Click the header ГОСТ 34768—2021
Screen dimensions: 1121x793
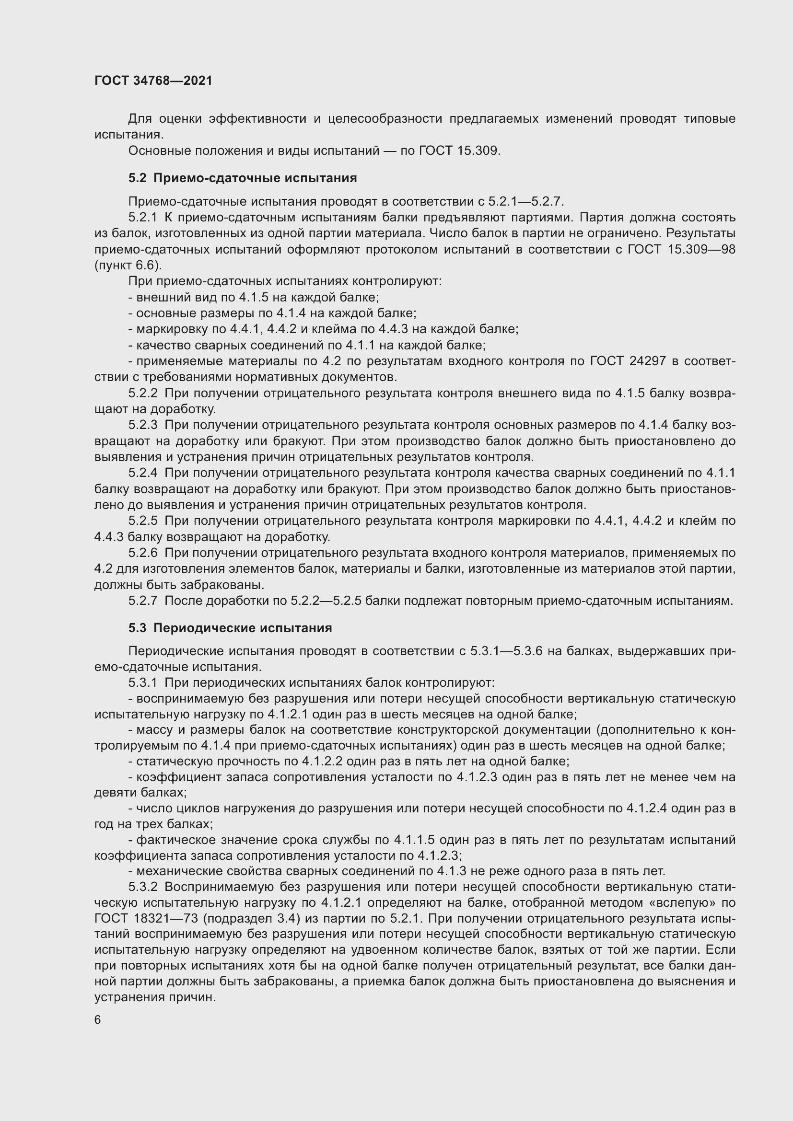(153, 81)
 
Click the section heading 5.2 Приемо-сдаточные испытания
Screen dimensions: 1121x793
(242, 178)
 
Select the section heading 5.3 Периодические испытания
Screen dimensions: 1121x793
(230, 628)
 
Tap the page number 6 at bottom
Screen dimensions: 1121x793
(98, 1020)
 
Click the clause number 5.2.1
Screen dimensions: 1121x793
(142, 217)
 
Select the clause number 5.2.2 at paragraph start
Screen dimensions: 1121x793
(142, 393)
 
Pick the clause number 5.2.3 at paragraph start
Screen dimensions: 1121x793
(142, 425)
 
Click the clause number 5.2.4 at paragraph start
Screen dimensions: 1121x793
(142, 473)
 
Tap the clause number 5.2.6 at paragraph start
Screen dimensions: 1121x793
(142, 553)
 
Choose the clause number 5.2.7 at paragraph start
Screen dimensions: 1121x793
(142, 601)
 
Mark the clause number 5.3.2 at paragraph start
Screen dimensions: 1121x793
(142, 887)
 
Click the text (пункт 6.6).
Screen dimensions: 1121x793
(128, 265)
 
